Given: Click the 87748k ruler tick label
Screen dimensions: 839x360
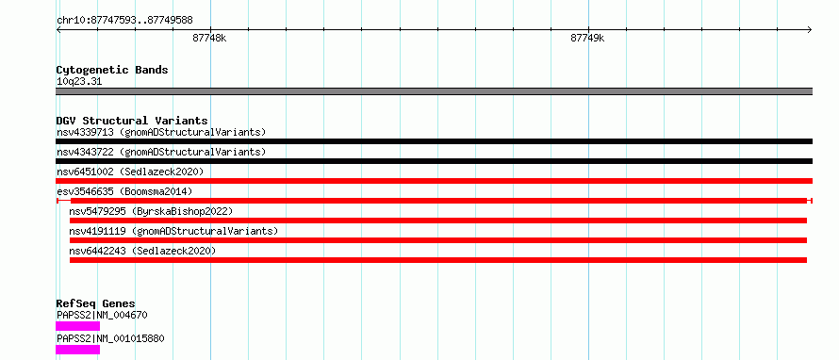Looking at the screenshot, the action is pos(209,38).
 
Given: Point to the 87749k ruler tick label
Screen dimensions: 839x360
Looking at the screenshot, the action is pos(587,38).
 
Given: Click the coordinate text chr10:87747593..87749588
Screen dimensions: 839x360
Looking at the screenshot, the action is pos(124,21).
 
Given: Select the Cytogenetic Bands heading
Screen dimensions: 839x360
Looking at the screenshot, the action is pos(112,70).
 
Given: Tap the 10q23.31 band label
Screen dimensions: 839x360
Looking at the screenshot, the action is pos(79,82).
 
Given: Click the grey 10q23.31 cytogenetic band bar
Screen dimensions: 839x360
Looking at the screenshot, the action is pos(434,91).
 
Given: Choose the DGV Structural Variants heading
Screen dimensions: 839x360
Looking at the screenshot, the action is pos(132,121).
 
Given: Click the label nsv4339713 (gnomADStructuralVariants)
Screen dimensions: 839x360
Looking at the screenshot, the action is pos(161,132).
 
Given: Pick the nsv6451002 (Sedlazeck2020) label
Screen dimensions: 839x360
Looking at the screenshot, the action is pos(130,172).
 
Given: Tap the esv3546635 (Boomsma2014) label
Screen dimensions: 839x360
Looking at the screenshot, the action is pos(124,191).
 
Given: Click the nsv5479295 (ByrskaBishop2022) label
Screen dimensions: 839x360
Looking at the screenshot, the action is pos(152,211).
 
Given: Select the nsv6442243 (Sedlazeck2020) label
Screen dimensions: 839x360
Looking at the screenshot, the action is pos(143,251).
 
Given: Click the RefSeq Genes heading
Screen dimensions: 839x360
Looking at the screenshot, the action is pos(96,303).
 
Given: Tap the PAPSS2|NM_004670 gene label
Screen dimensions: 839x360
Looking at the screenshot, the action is pos(102,315).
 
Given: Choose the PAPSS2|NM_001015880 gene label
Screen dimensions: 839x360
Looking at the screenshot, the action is pos(110,338).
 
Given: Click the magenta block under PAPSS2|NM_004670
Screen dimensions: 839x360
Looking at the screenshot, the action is pos(77,326).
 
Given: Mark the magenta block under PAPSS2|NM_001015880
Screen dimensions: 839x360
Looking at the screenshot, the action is pos(77,350).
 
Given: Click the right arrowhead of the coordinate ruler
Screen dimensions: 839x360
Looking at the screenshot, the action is pos(811,29).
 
